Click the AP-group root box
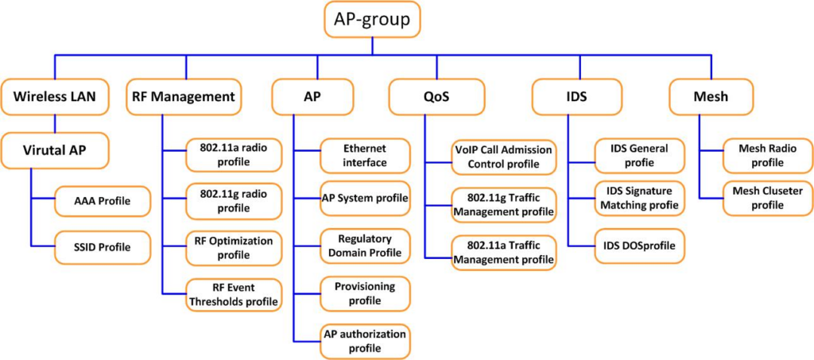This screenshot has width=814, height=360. pos(372,20)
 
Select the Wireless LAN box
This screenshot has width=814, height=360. pos(54,97)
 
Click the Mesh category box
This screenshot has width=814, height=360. pos(710,97)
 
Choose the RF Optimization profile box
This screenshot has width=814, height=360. pos(233,247)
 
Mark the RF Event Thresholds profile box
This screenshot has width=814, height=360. pos(233,294)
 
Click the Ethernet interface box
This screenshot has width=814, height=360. pos(365,156)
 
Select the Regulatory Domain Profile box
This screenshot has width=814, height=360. pos(365,246)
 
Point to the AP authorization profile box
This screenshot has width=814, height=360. pos(365,341)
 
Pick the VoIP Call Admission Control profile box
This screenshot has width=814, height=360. pos(502,157)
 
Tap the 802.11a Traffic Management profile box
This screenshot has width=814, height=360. pos(502,252)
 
